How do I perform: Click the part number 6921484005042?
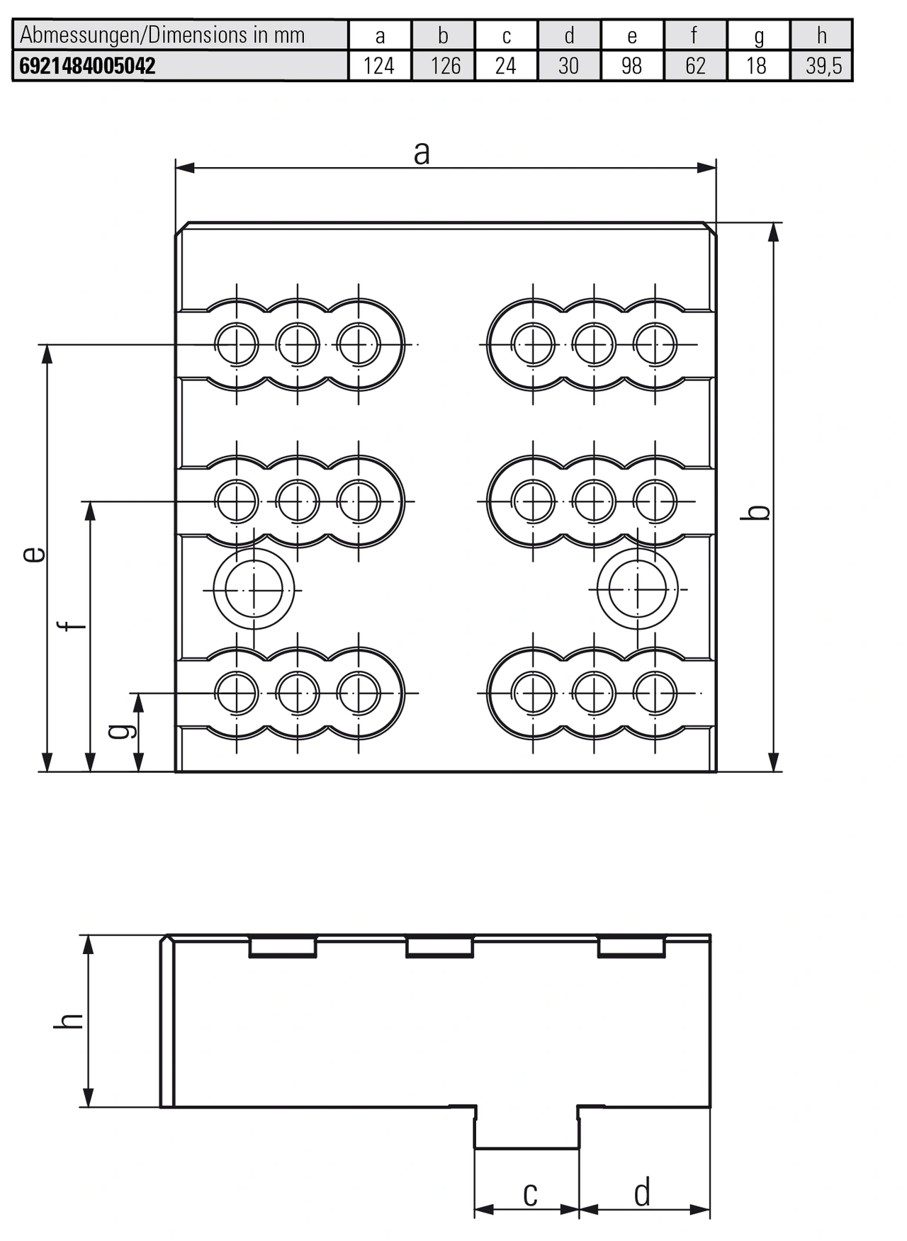87,66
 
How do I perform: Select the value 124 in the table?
379,66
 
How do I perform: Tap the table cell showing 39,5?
823,66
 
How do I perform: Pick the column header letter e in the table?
631,35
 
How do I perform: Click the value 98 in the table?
631,66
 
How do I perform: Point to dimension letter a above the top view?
422,152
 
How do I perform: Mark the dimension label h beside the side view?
69,1021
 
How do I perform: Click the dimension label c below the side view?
529,1194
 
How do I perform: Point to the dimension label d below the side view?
642,1194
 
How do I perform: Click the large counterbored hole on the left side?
254,589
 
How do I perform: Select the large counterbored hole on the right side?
637,589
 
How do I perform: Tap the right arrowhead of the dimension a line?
706,168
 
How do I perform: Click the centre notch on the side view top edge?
439,947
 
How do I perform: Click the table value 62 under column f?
695,66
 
